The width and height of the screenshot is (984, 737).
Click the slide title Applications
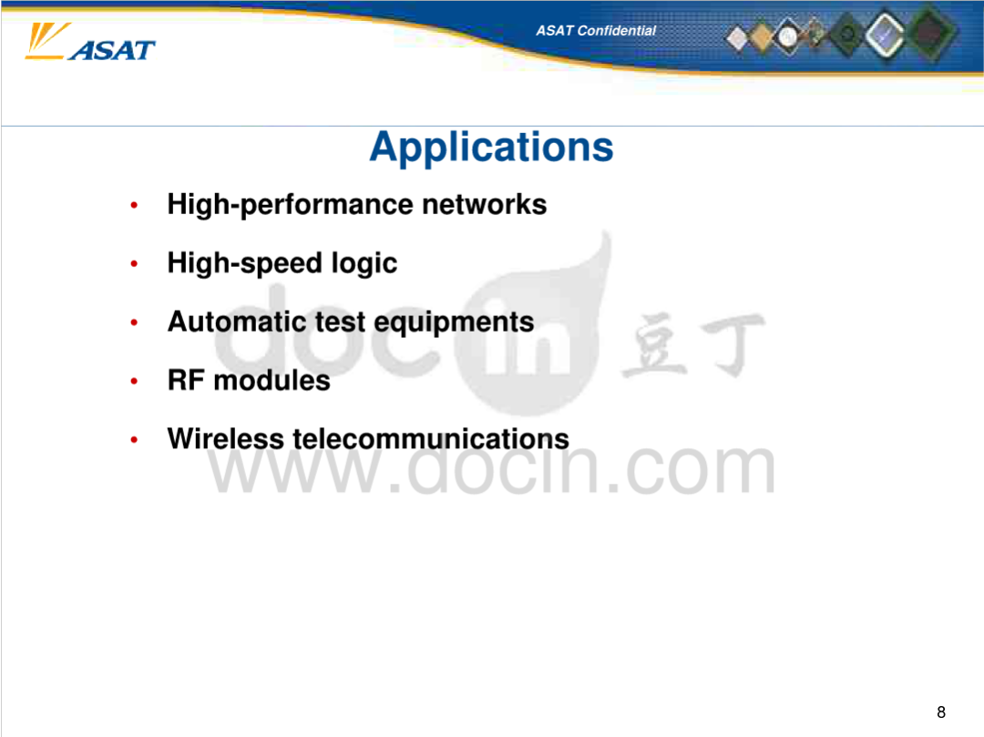pos(491,148)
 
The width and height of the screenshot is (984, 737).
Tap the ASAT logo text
pos(112,50)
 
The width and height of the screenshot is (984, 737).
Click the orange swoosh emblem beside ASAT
pos(46,41)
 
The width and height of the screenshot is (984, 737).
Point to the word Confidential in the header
pos(616,31)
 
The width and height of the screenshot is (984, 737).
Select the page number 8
pos(940,711)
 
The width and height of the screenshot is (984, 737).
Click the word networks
pos(484,204)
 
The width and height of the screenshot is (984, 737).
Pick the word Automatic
pos(237,322)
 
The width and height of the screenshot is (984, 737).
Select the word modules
pos(272,380)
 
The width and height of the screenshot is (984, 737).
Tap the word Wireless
pos(226,438)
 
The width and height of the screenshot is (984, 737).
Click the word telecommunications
pos(431,438)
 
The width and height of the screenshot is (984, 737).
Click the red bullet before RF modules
pos(134,382)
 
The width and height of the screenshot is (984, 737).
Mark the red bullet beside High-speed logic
pos(134,264)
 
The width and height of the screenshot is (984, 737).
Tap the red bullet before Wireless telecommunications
pos(134,440)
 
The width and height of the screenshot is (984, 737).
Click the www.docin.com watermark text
pos(491,468)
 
